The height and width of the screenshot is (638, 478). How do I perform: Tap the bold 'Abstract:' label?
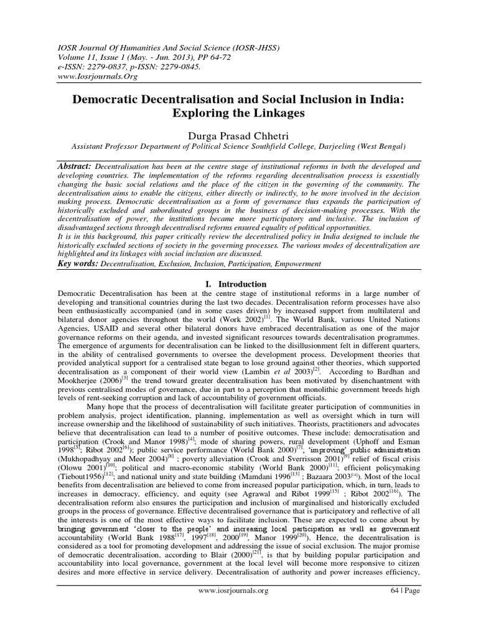tap(74, 168)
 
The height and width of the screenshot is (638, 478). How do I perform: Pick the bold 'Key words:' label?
tap(78, 264)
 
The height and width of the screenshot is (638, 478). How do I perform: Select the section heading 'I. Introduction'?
tap(238, 284)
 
